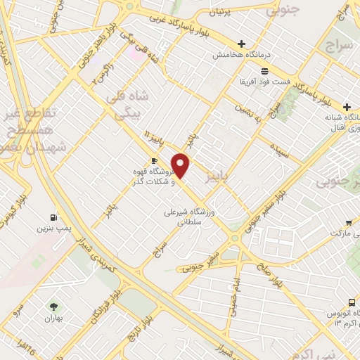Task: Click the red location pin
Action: (x=181, y=167)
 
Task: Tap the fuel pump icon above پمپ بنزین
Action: (x=53, y=217)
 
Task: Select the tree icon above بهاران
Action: (x=53, y=307)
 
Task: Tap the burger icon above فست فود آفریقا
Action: (x=264, y=71)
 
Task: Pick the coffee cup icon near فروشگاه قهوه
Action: (x=155, y=161)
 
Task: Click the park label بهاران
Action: (x=53, y=319)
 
